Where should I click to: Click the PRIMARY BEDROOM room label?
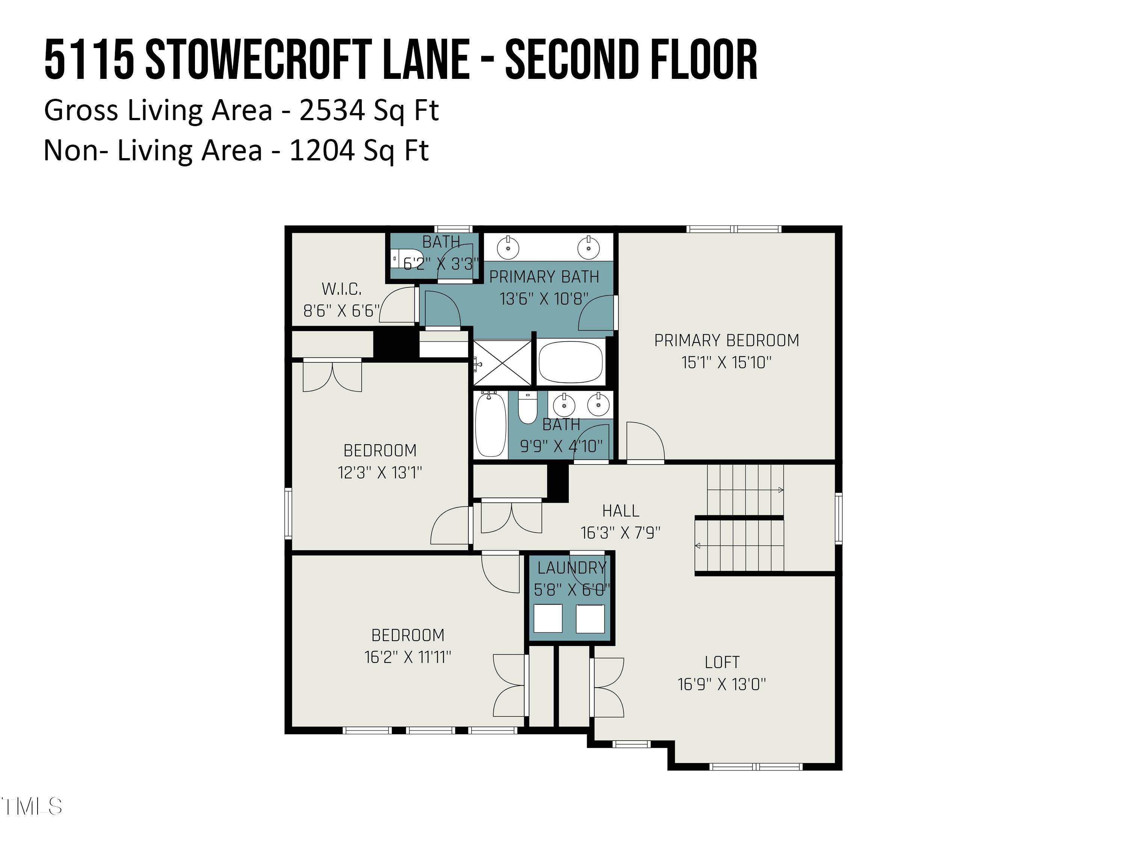[726, 340]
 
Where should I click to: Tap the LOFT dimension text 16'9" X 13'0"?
[721, 684]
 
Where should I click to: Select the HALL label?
[620, 510]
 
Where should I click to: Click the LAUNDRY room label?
[572, 567]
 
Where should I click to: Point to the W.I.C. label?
[341, 289]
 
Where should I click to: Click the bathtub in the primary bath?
[571, 362]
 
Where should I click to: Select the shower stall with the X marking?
[502, 362]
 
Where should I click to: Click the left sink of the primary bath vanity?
[508, 248]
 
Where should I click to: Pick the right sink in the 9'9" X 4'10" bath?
[598, 405]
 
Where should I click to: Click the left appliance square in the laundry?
[548, 618]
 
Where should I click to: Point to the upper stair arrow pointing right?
[780, 490]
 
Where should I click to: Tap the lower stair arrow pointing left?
[698, 546]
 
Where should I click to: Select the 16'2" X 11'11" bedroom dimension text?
[408, 657]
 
